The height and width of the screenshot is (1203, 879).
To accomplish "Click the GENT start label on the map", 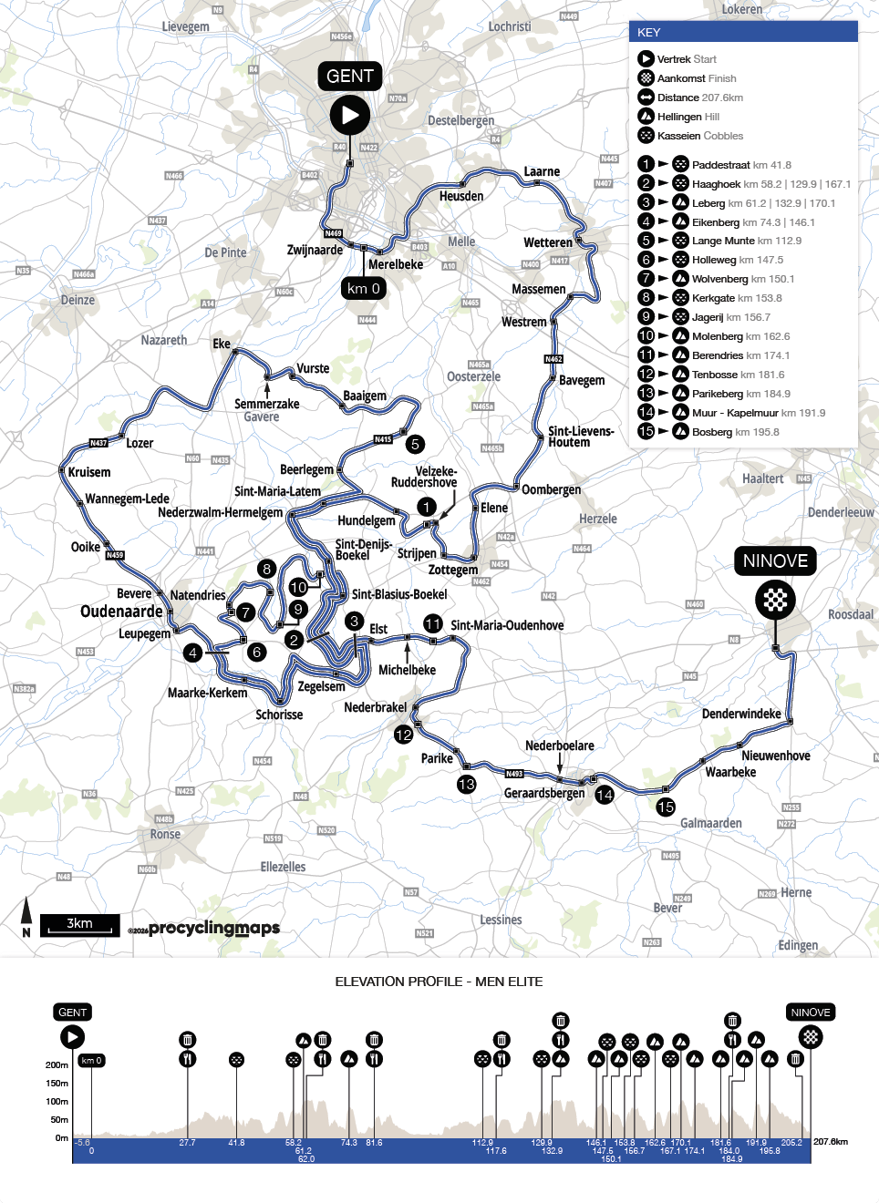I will [x=350, y=77].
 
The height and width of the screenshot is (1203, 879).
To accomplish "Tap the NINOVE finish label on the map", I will [x=775, y=560].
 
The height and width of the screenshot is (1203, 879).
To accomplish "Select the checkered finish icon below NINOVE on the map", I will [x=775, y=600].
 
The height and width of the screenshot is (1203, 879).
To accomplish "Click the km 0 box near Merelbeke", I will [x=363, y=288].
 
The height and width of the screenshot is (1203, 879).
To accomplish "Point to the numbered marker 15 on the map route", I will [x=666, y=807].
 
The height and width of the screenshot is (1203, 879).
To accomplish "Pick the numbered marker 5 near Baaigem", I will [x=415, y=444].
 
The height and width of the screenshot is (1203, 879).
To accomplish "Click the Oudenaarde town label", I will [x=121, y=612].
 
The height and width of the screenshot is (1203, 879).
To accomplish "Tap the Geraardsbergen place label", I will [x=544, y=793].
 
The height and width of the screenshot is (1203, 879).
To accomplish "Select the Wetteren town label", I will [x=548, y=242].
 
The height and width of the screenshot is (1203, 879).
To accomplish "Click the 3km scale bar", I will [x=80, y=925].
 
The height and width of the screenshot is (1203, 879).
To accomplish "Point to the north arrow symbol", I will [x=26, y=916].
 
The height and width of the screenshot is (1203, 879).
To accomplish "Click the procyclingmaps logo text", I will [x=213, y=928].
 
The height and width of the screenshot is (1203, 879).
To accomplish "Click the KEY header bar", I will [x=743, y=32].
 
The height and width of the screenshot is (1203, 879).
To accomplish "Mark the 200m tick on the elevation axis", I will [x=57, y=1064].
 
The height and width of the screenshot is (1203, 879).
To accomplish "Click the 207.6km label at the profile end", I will [x=831, y=1141].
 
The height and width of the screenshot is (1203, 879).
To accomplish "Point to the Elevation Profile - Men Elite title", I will [x=439, y=982].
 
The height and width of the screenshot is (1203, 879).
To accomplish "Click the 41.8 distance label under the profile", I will [x=236, y=1143].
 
